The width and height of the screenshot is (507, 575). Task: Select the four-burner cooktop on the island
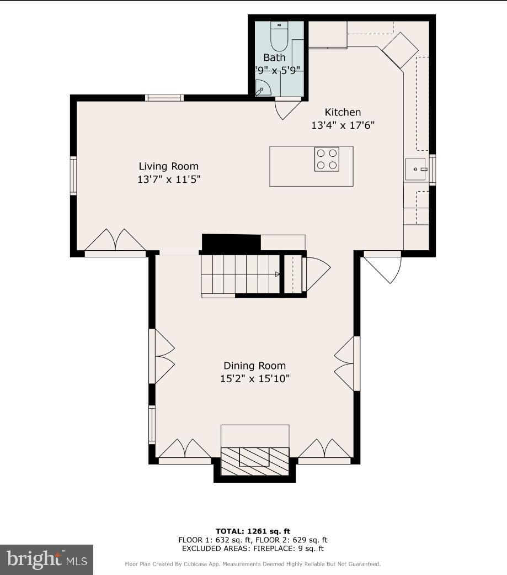[326, 159]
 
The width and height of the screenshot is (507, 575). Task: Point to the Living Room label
[168, 166]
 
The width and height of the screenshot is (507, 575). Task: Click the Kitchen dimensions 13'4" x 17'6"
[343, 125]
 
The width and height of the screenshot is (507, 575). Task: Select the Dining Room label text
[254, 366]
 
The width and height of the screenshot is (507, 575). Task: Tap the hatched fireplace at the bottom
[255, 460]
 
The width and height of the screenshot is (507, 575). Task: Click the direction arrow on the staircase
[277, 274]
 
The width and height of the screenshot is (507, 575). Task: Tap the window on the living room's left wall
[73, 175]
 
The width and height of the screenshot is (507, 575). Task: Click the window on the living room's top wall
[164, 98]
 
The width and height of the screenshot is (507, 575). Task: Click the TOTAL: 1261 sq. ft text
[253, 531]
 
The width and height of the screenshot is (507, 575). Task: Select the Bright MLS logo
[47, 560]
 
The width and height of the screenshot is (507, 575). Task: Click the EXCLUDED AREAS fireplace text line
[253, 548]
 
